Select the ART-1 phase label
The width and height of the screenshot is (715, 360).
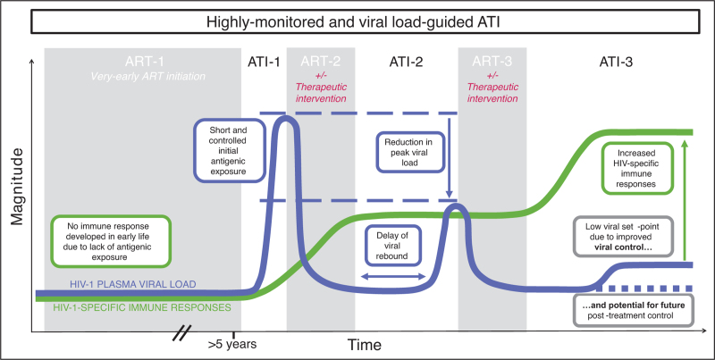click(143, 62)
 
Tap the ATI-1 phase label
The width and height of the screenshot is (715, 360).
click(263, 62)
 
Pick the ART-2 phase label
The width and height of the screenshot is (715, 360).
click(320, 62)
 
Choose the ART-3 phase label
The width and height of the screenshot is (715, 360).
click(492, 62)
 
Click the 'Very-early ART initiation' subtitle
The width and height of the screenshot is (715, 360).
click(143, 77)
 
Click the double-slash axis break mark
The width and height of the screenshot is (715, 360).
click(181, 332)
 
